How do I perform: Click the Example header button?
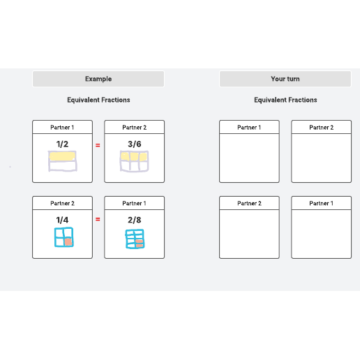(x=98, y=79)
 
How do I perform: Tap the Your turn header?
(x=285, y=79)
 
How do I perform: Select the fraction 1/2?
(x=62, y=144)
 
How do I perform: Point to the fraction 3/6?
(x=135, y=144)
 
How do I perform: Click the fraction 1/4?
(x=62, y=220)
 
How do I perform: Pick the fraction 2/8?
(x=135, y=220)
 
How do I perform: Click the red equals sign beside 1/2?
(x=98, y=145)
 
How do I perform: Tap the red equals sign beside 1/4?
(x=98, y=219)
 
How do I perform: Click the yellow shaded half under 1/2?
(x=62, y=156)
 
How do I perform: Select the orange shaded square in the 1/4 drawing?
(x=68, y=242)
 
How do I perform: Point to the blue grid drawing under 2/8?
(x=135, y=239)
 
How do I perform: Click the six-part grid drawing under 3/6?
(x=134, y=161)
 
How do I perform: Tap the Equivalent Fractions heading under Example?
(x=98, y=100)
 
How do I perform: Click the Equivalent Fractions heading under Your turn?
(x=285, y=100)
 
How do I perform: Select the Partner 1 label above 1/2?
(x=62, y=128)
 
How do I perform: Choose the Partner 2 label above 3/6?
(x=135, y=128)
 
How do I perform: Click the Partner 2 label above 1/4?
(x=62, y=204)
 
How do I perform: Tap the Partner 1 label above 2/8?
(x=134, y=204)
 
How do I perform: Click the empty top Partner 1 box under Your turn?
(x=249, y=158)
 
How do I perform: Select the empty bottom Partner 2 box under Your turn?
(x=249, y=234)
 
